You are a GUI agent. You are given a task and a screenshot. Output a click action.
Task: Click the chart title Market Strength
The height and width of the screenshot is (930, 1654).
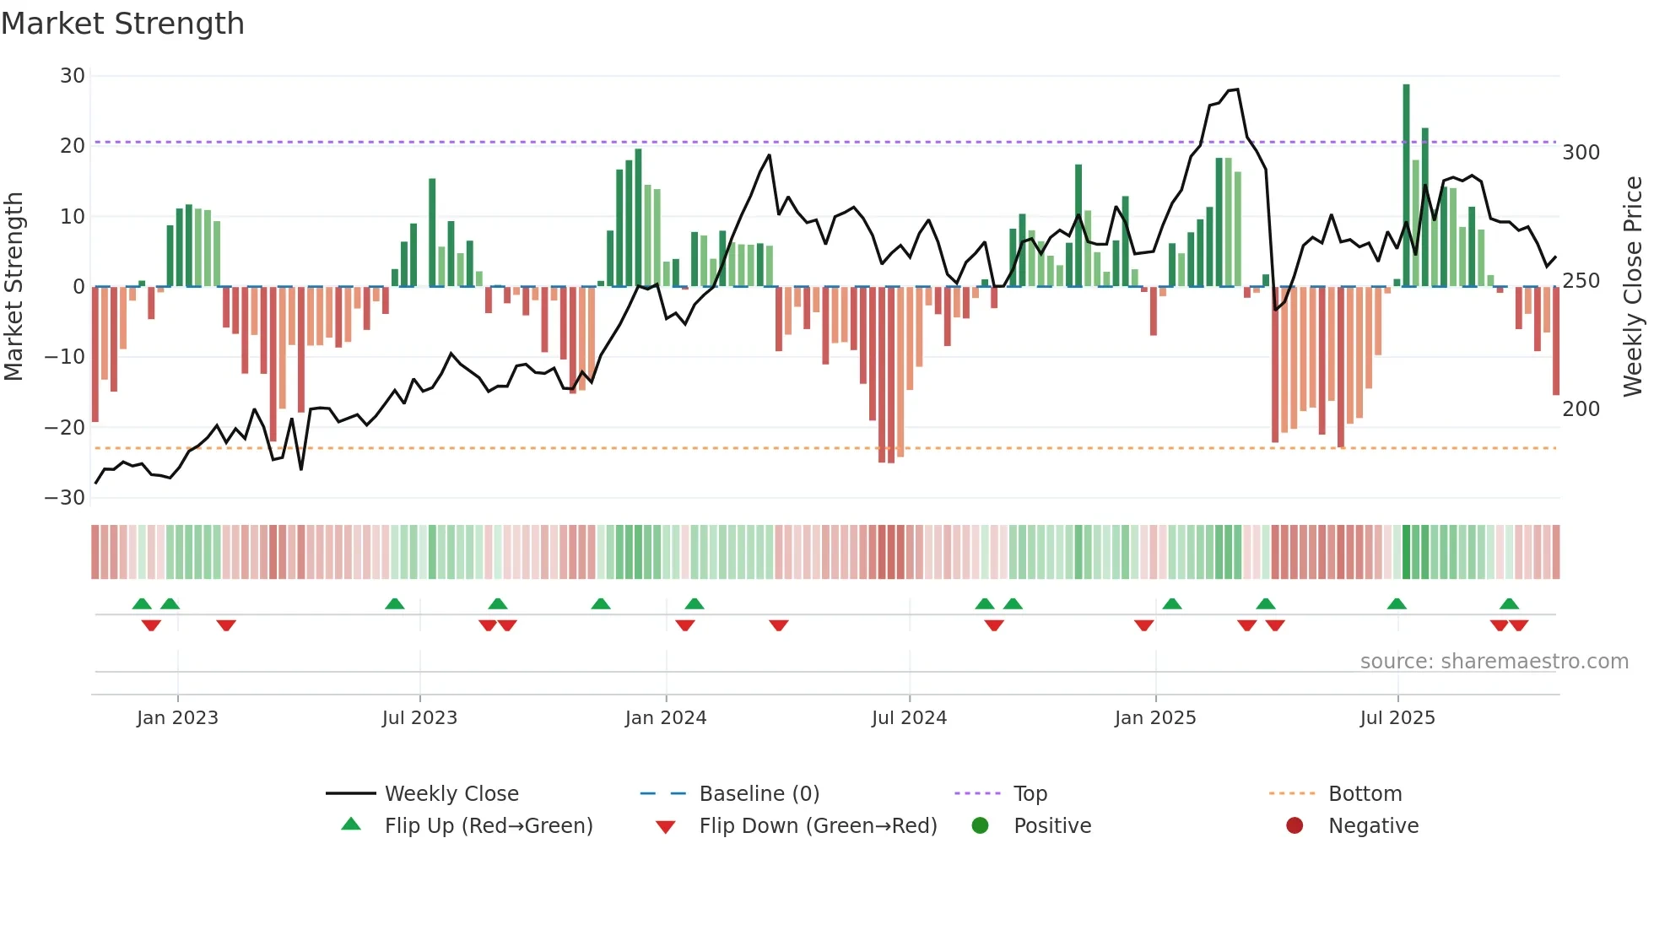point(122,24)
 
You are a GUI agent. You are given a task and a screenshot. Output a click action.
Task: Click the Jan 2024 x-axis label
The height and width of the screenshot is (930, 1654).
point(665,718)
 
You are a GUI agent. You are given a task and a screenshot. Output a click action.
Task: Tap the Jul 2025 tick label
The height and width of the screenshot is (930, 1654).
point(1397,718)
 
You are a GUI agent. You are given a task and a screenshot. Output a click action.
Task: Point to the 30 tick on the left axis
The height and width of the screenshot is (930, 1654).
point(73,76)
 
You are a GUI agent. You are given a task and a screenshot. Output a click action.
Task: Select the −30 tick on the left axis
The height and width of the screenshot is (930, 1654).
point(65,498)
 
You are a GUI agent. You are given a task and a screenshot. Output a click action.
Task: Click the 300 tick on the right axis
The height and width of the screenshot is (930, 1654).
point(1581,153)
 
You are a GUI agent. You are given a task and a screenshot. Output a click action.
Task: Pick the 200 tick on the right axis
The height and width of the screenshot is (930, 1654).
point(1581,409)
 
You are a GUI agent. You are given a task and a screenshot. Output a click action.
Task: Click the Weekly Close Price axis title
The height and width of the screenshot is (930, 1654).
point(1633,287)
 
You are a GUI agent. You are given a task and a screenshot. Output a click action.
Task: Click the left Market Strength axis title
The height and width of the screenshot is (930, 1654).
point(14,287)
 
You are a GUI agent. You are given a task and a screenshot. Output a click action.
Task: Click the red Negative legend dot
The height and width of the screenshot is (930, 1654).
point(1295,826)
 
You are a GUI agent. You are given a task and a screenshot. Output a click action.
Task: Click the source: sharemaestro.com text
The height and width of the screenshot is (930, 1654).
point(1494,662)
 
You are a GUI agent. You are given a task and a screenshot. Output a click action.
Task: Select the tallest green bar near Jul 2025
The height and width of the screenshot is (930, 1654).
point(1406,186)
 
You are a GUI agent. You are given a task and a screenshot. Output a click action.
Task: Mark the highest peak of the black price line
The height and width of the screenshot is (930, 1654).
point(1236,89)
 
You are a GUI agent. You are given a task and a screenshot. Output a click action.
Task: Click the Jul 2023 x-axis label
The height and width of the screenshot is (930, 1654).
point(419,718)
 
